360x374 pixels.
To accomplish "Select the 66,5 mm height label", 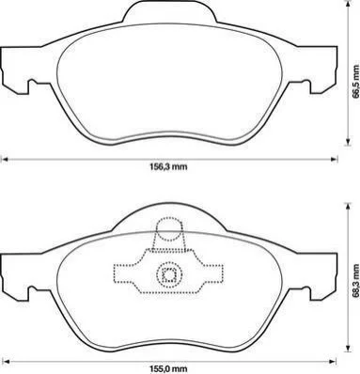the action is (355, 82).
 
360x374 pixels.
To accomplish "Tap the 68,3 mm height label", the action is (355, 281).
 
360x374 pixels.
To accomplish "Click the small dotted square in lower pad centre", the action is (169, 275).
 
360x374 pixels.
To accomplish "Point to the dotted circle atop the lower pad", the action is (169, 229).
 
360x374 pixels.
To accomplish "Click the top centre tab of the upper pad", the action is (169, 12).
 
